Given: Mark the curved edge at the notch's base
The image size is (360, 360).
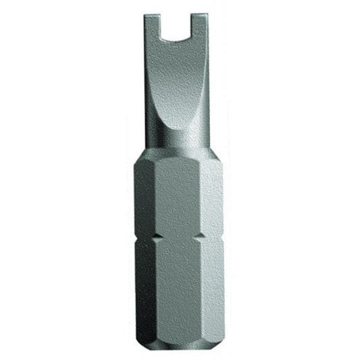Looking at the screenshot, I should coord(183,35).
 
